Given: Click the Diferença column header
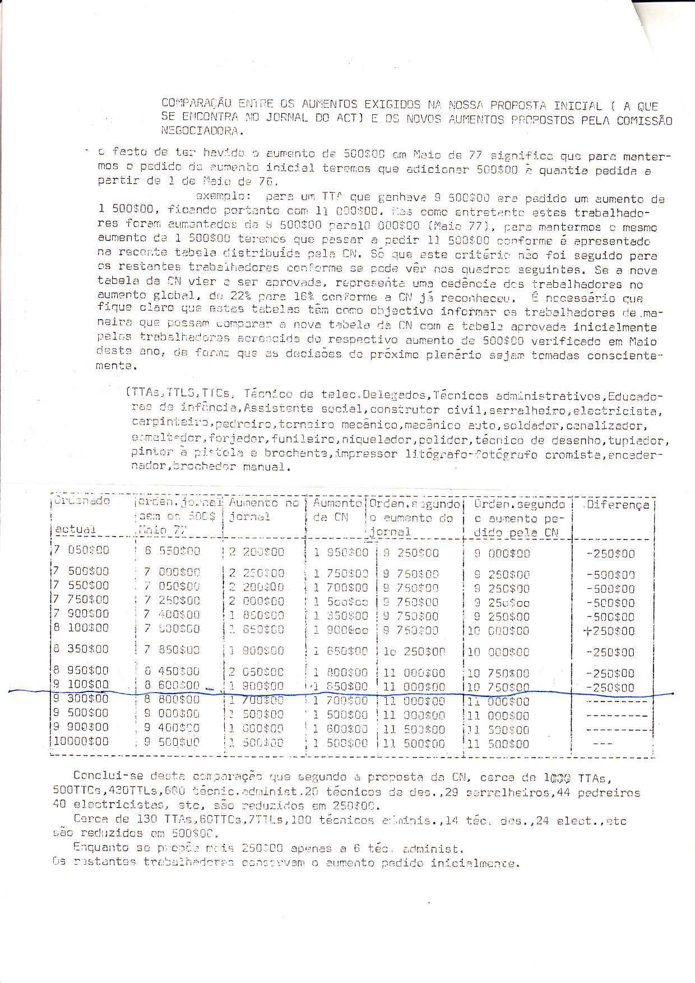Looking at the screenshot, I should click(616, 505).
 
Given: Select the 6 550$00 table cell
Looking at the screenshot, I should click(172, 552).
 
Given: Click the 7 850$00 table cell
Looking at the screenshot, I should click(172, 650).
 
